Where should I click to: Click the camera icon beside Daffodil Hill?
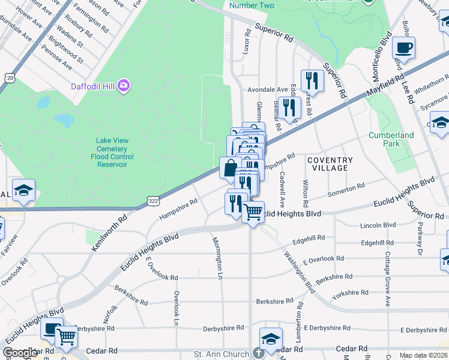point(124,86)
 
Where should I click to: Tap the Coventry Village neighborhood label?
point(330,164)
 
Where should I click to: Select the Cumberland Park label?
point(391,139)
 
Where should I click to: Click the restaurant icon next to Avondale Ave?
point(312,80)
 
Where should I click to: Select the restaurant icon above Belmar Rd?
point(289,107)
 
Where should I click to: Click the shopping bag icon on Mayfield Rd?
point(230,168)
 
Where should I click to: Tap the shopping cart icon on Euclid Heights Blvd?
point(253,212)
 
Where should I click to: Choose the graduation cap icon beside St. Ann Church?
point(271,338)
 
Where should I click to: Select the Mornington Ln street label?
point(217,257)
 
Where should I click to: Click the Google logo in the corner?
point(20,353)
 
